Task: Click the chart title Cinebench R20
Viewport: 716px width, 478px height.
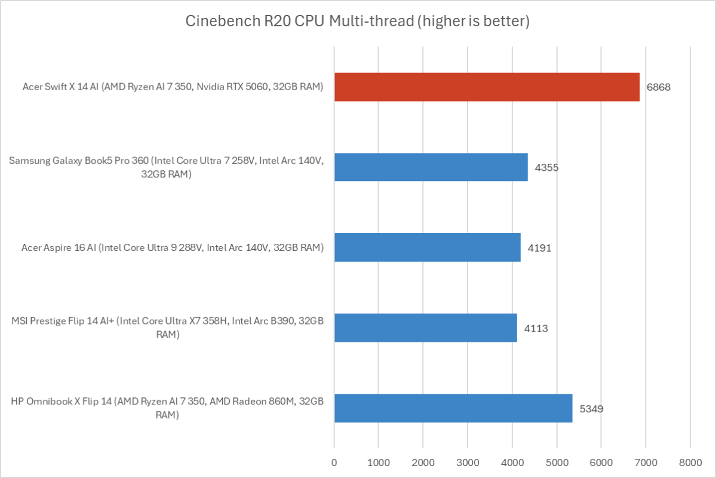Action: pos(358,22)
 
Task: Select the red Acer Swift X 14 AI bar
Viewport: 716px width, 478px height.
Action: pos(487,87)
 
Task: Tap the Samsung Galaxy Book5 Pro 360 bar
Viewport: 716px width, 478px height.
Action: pos(431,167)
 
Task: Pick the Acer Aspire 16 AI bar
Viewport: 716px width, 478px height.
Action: pos(427,247)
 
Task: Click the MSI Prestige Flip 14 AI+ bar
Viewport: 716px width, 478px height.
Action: pos(425,327)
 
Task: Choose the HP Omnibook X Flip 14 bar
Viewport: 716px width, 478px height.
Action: pos(453,408)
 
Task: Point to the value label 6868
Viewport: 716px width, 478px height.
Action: pos(659,87)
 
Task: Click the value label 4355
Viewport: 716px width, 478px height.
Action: pos(546,167)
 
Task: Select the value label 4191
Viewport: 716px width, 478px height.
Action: pos(539,247)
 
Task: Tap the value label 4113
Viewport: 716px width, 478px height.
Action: pos(536,328)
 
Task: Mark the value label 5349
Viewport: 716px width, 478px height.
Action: pos(591,409)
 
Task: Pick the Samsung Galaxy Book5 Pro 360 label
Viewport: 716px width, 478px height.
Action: pos(167,167)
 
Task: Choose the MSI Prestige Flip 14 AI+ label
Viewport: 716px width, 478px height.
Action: pos(167,328)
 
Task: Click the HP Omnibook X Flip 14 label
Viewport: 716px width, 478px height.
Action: pos(167,409)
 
